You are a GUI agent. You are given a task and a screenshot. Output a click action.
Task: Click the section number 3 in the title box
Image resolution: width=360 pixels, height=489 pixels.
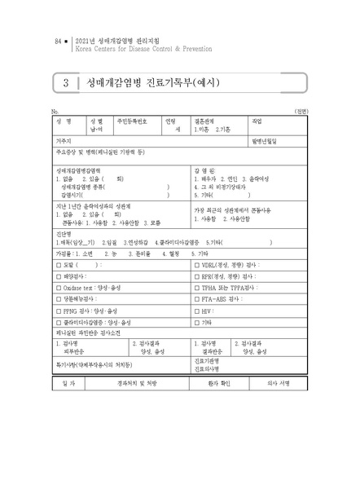64,83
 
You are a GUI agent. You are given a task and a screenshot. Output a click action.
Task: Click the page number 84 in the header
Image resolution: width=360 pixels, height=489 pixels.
57,39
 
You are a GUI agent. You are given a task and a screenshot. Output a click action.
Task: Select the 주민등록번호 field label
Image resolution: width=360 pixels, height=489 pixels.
132,120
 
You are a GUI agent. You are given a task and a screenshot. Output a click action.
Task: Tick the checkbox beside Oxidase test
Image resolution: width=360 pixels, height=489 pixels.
57,288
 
